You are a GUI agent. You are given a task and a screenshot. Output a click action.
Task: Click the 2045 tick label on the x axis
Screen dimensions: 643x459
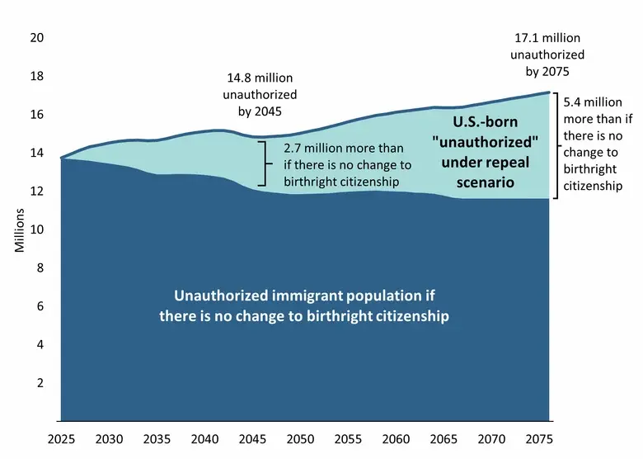coord(252,439)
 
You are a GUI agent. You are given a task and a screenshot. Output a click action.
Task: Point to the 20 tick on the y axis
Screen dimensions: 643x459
coord(37,38)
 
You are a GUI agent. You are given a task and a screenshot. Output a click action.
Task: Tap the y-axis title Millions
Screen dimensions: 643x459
coord(20,230)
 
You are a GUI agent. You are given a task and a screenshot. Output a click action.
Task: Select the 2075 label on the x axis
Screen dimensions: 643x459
coord(539,439)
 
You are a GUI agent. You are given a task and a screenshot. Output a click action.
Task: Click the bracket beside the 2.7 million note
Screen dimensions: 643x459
coord(265,163)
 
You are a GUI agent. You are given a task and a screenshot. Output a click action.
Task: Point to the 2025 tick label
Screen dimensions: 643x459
coord(61,439)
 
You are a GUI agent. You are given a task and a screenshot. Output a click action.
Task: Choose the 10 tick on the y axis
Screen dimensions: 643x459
coord(37,229)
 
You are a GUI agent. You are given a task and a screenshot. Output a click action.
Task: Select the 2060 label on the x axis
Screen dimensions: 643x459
coord(396,439)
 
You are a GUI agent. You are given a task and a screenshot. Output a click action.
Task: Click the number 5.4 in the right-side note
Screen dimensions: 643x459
coord(571,102)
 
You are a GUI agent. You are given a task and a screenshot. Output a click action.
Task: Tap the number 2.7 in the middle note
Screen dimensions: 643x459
coord(292,149)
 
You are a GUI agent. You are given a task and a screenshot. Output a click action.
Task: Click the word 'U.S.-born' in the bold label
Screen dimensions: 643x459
coord(485,122)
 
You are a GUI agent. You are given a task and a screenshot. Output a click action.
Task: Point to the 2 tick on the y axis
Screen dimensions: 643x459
coord(40,383)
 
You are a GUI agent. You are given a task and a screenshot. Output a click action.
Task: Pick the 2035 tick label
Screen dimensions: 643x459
coord(157,439)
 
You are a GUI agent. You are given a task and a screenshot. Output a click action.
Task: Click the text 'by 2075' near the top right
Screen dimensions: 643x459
coord(547,72)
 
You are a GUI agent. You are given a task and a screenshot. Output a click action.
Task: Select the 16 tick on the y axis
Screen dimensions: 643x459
coord(37,115)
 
